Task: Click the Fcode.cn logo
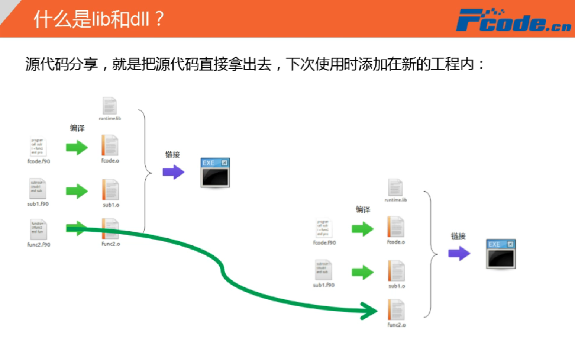pyautogui.click(x=513, y=20)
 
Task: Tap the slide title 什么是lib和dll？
pyautogui.click(x=98, y=19)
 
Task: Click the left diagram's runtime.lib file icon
pyautogui.click(x=110, y=106)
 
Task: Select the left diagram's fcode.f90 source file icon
pyautogui.click(x=38, y=147)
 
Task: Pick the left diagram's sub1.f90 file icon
pyautogui.click(x=38, y=189)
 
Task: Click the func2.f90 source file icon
pyautogui.click(x=38, y=229)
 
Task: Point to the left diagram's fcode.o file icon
pyautogui.click(x=110, y=145)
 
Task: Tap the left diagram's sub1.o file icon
pyautogui.click(x=110, y=190)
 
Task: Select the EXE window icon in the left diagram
pyautogui.click(x=215, y=173)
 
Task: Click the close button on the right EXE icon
pyautogui.click(x=510, y=244)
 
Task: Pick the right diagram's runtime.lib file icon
pyautogui.click(x=395, y=187)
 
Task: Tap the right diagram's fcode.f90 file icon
pyautogui.click(x=324, y=228)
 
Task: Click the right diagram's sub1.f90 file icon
pyautogui.click(x=323, y=270)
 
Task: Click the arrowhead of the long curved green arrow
pyautogui.click(x=370, y=311)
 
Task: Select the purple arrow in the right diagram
pyautogui.click(x=459, y=254)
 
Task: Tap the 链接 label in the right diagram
pyautogui.click(x=458, y=236)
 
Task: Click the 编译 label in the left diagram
pyautogui.click(x=77, y=128)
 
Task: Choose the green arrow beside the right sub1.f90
pyautogui.click(x=362, y=272)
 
